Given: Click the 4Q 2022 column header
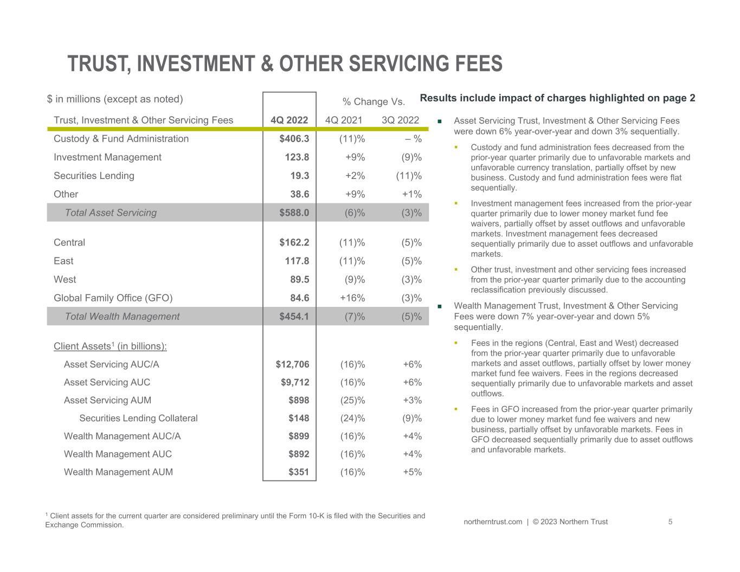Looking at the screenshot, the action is pyautogui.click(x=289, y=120).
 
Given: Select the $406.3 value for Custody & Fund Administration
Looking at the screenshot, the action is pyautogui.click(x=294, y=139).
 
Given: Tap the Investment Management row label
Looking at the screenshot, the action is pyautogui.click(x=107, y=157).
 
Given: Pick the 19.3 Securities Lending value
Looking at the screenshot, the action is pyautogui.click(x=300, y=176).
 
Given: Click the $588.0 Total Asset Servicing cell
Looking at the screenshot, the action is pyautogui.click(x=294, y=213).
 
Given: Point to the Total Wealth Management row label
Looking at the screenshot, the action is pyautogui.click(x=123, y=316).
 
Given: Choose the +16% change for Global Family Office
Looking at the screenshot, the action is pyautogui.click(x=352, y=298).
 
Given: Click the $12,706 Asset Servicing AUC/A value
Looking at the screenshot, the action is pyautogui.click(x=293, y=364).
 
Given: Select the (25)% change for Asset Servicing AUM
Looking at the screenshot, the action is pyautogui.click(x=353, y=400).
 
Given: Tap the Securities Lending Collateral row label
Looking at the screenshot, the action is pyautogui.click(x=138, y=418).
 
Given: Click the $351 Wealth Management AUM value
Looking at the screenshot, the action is pyautogui.click(x=299, y=472).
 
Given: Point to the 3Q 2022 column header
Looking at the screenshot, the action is pyautogui.click(x=400, y=120).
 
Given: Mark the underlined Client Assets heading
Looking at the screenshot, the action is pyautogui.click(x=111, y=346).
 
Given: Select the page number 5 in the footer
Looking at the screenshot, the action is pyautogui.click(x=670, y=522).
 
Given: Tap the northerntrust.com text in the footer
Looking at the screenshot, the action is pyautogui.click(x=493, y=522).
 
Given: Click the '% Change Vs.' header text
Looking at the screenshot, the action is pyautogui.click(x=374, y=101).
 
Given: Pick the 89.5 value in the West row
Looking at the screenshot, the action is pyautogui.click(x=300, y=280).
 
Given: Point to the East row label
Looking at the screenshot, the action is pyautogui.click(x=63, y=261).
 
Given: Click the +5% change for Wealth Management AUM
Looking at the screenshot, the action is pyautogui.click(x=413, y=472).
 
